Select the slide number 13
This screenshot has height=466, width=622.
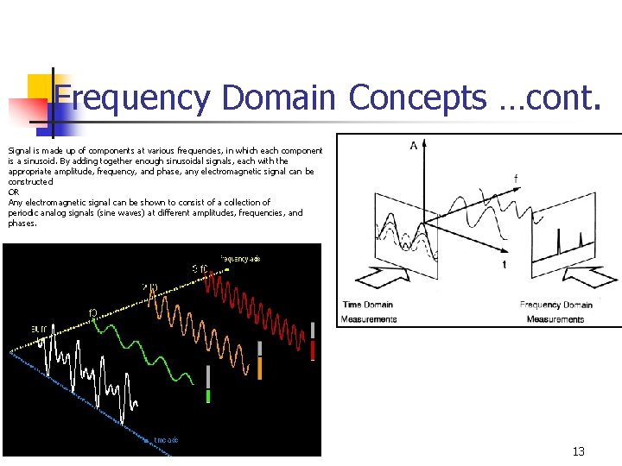(x=578, y=452)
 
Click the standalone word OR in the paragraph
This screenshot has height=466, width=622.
(x=13, y=192)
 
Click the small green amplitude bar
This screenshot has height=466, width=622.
(x=208, y=396)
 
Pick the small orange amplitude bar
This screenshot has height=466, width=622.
(x=259, y=368)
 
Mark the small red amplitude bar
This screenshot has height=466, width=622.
(x=313, y=349)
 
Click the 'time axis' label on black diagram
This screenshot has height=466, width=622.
(x=166, y=440)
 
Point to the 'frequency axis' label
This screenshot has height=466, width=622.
(x=239, y=258)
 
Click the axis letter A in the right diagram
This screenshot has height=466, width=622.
(x=414, y=145)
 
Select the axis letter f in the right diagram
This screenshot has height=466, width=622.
(x=516, y=179)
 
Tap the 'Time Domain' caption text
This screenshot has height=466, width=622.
(x=368, y=305)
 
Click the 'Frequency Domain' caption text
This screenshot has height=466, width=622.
(x=555, y=305)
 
